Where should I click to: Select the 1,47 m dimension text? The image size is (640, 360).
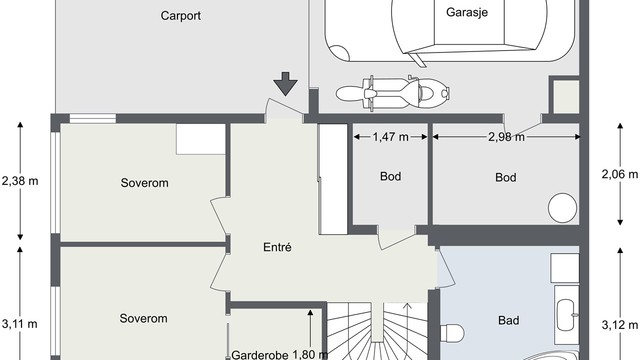click(x=391, y=137)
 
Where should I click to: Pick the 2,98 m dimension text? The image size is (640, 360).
click(x=505, y=137)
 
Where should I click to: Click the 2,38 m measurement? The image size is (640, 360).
click(x=20, y=181)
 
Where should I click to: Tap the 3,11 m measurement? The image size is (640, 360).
click(x=20, y=323)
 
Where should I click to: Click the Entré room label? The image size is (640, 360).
click(x=276, y=247)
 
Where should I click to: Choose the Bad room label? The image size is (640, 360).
click(x=508, y=321)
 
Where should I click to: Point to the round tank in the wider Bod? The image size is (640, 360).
click(x=563, y=207)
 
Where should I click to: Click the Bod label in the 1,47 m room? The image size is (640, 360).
click(x=391, y=177)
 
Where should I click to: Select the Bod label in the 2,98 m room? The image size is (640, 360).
click(x=506, y=177)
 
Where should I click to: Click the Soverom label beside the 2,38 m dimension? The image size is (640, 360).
click(x=144, y=183)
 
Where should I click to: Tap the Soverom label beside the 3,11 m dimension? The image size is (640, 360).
click(x=144, y=318)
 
